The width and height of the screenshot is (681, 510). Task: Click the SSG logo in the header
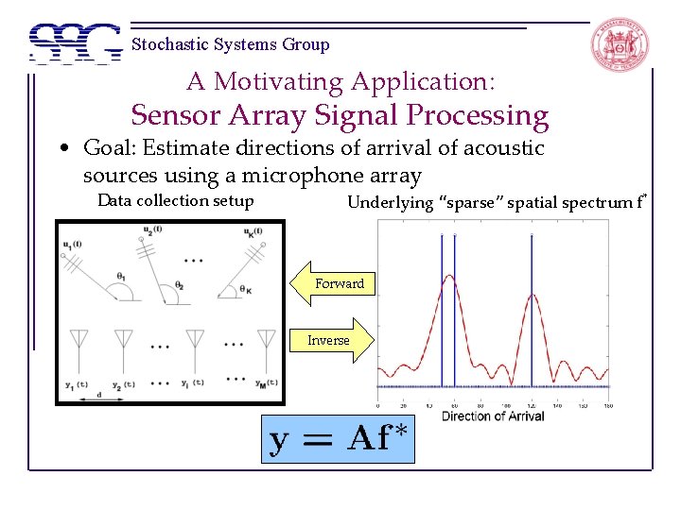coord(76,42)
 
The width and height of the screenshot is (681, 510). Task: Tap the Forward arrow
coord(338,283)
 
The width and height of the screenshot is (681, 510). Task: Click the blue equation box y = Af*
coord(338,438)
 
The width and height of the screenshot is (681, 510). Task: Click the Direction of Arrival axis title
coord(492,416)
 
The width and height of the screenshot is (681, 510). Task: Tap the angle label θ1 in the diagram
coord(121,276)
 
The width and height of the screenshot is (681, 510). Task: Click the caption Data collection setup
coord(175,200)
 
